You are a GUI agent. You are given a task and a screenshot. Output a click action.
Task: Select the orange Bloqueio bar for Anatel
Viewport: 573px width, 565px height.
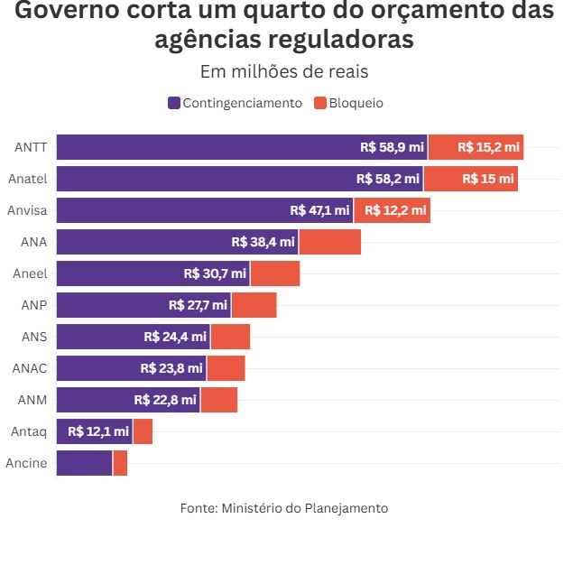470,179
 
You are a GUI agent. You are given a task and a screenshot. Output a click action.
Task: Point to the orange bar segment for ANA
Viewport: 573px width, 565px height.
330,242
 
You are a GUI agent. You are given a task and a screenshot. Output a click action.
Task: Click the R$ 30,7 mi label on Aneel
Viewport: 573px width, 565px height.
215,273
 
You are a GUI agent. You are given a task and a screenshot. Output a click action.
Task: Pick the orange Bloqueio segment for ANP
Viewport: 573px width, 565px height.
254,305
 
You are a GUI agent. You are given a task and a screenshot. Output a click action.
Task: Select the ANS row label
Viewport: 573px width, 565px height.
34,337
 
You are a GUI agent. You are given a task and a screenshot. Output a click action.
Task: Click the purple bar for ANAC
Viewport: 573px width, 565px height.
131,368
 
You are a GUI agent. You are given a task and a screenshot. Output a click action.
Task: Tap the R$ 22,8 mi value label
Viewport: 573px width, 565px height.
165,400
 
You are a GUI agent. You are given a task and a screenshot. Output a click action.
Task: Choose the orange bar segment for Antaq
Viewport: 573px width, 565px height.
143,431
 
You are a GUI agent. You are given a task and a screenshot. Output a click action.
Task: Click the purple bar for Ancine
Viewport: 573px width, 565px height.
84,463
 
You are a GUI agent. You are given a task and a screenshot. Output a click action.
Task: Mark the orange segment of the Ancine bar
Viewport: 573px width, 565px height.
120,463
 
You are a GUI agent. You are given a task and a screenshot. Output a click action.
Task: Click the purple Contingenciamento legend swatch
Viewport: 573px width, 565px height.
174,103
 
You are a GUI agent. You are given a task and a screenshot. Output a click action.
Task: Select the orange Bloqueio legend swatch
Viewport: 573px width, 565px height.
319,103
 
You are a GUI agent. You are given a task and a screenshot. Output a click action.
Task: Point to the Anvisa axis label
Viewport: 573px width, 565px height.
27,210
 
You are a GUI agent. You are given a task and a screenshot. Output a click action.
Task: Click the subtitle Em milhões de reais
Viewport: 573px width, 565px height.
284,72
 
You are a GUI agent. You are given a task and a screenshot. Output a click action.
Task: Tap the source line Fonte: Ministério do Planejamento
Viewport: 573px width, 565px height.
284,508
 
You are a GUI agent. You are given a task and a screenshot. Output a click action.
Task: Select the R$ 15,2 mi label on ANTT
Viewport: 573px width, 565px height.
488,147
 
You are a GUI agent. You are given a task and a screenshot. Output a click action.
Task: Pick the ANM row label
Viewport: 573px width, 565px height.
32,400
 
